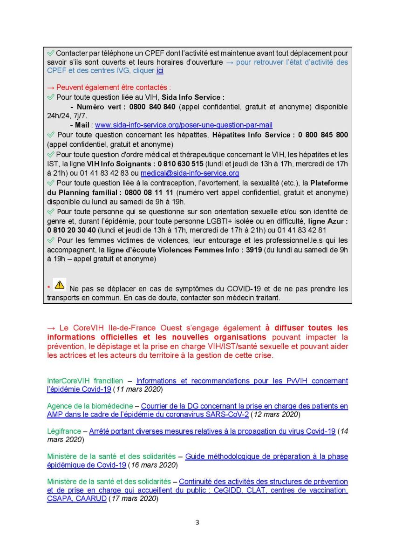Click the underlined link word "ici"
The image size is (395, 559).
160,71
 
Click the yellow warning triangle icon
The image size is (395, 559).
59,284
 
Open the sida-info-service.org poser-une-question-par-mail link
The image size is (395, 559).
184,125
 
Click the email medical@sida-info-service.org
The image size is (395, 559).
190,173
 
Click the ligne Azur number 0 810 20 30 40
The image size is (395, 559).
72,230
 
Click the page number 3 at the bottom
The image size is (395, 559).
197,522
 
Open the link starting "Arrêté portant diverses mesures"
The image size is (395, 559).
212,431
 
